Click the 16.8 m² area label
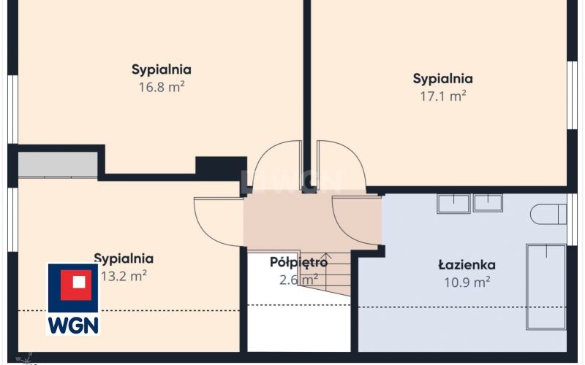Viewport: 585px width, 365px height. [162, 87]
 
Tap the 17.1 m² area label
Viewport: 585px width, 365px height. [443, 96]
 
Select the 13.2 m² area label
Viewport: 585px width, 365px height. [124, 277]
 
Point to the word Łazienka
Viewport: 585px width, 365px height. [467, 265]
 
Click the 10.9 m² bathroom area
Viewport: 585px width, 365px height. [467, 283]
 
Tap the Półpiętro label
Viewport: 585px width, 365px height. [298, 263]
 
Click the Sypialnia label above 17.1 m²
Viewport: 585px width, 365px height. [443, 79]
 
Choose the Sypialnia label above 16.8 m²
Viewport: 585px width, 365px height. [162, 69]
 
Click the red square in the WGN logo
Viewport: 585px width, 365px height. [76, 285]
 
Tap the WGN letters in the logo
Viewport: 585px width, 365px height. [73, 325]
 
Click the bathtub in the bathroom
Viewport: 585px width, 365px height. [546, 287]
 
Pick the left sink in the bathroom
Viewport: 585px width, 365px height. [453, 204]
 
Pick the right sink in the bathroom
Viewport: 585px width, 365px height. [488, 203]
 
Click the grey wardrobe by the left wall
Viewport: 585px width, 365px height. [58, 165]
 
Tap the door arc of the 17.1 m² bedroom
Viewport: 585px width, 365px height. [356, 156]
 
